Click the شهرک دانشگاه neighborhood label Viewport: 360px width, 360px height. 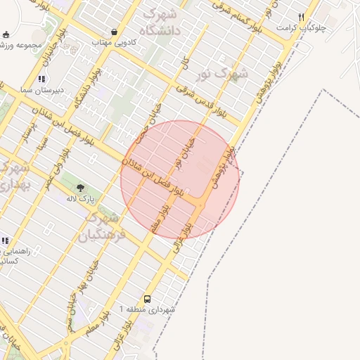pyautogui.click(x=162, y=22)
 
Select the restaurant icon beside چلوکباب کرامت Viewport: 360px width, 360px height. pyautogui.click(x=302, y=17)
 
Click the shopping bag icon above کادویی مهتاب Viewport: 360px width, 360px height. pyautogui.click(x=114, y=32)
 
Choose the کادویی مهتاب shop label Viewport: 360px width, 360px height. pyautogui.click(x=114, y=43)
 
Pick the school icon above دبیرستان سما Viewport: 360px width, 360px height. pyautogui.click(x=42, y=79)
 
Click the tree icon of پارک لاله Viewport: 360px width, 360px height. pyautogui.click(x=79, y=188)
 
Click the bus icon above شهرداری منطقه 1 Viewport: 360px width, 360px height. pyautogui.click(x=147, y=299)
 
